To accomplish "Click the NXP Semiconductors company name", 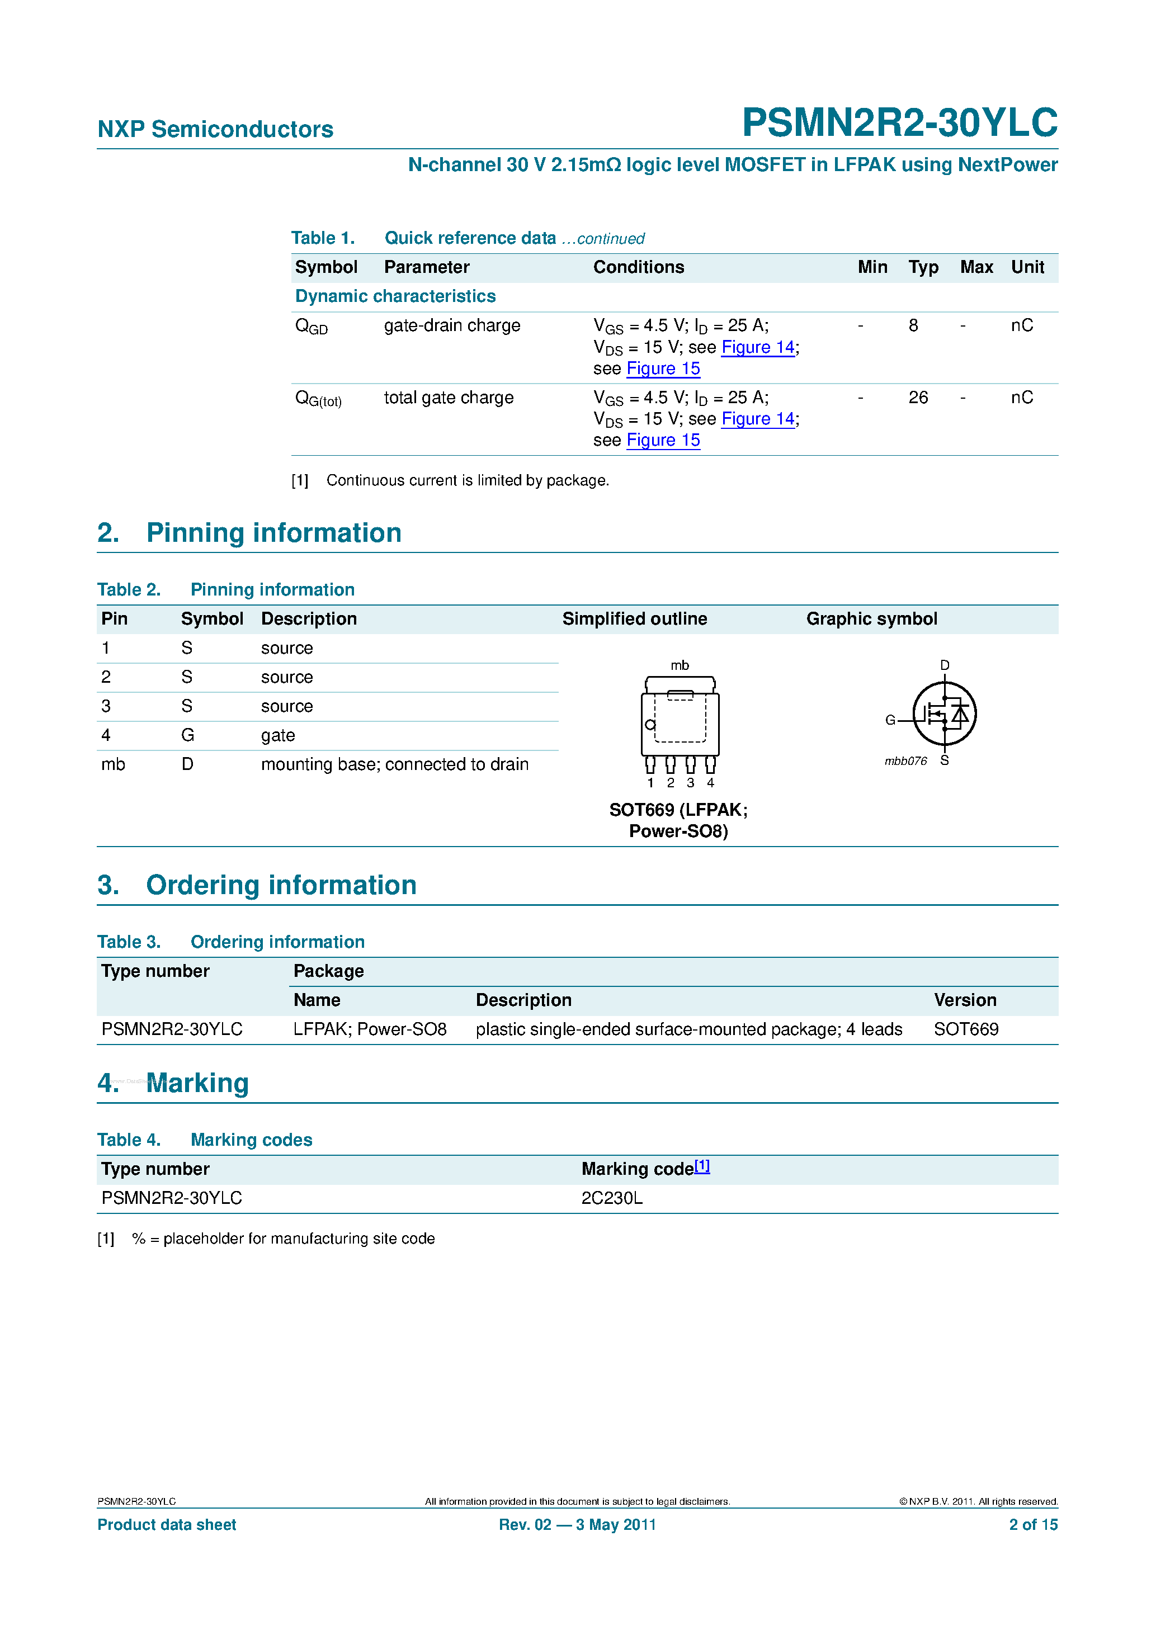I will (215, 130).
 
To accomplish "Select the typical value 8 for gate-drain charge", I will (913, 325).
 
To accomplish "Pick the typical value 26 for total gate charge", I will (918, 398).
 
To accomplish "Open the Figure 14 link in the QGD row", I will (758, 347).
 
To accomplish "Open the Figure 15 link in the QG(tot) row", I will (663, 441).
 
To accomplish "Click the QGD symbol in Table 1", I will (312, 327).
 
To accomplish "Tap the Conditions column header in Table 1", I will (638, 267).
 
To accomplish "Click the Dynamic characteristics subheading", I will (395, 296).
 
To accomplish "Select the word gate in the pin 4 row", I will (278, 736).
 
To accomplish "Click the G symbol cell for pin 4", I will (187, 736).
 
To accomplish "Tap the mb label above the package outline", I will (680, 665).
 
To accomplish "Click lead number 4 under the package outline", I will (710, 783).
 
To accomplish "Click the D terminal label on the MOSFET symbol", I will (945, 665).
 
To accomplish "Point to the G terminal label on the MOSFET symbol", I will (890, 720).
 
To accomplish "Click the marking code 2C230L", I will (612, 1198).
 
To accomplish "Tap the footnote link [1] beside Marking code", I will (702, 1166).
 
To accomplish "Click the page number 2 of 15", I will (1033, 1525).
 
